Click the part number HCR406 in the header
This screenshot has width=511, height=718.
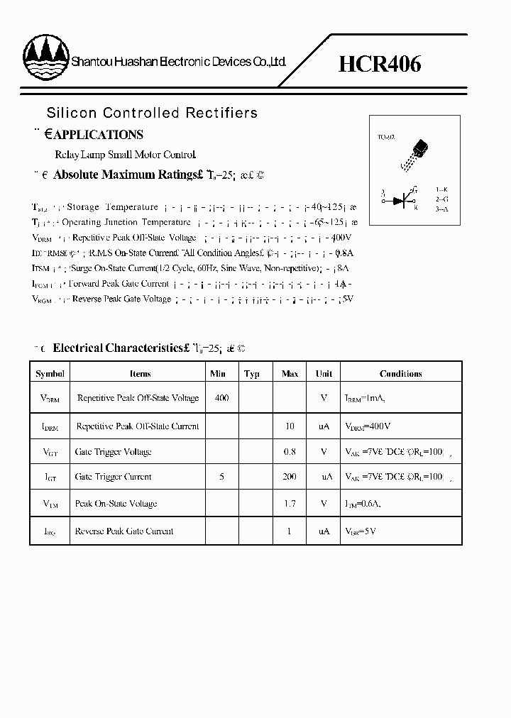[x=380, y=64]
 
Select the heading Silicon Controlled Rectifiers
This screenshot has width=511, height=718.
[x=152, y=113]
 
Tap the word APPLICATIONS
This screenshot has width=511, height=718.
[x=99, y=135]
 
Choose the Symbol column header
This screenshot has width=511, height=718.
[x=50, y=374]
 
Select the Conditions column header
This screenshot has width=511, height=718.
[x=400, y=374]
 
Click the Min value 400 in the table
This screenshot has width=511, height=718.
[x=221, y=399]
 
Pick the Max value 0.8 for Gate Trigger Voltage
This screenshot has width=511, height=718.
[x=290, y=452]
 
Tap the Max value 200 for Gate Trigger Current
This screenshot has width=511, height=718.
[x=290, y=477]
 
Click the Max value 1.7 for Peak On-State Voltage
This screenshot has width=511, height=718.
[x=290, y=504]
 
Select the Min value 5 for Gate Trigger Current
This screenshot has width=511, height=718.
[x=222, y=477]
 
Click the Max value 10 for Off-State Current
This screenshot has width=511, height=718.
[x=290, y=426]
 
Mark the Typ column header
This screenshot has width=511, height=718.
[x=252, y=374]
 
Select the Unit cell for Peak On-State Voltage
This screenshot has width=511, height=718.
[x=324, y=504]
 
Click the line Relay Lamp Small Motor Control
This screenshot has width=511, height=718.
[x=125, y=154]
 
